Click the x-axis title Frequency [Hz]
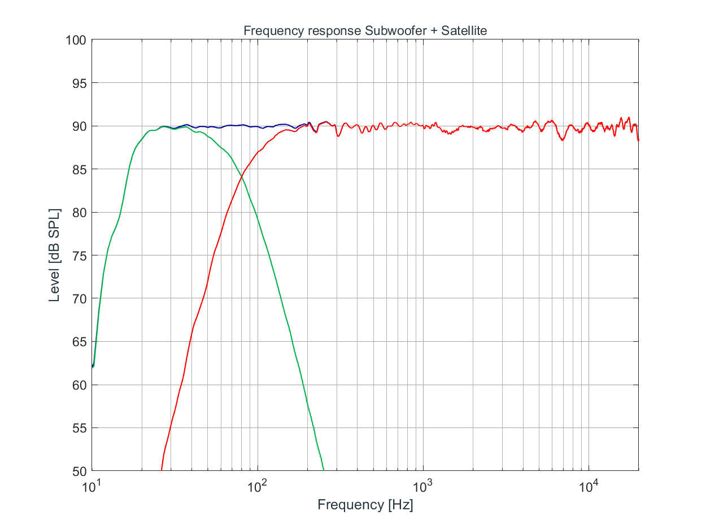(x=365, y=505)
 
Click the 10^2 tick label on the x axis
(x=258, y=485)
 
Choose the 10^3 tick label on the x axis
(x=424, y=485)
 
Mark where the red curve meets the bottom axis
(x=162, y=470)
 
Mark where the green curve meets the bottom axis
(x=324, y=470)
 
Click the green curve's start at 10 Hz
(x=92, y=367)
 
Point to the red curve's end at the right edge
(x=639, y=140)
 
